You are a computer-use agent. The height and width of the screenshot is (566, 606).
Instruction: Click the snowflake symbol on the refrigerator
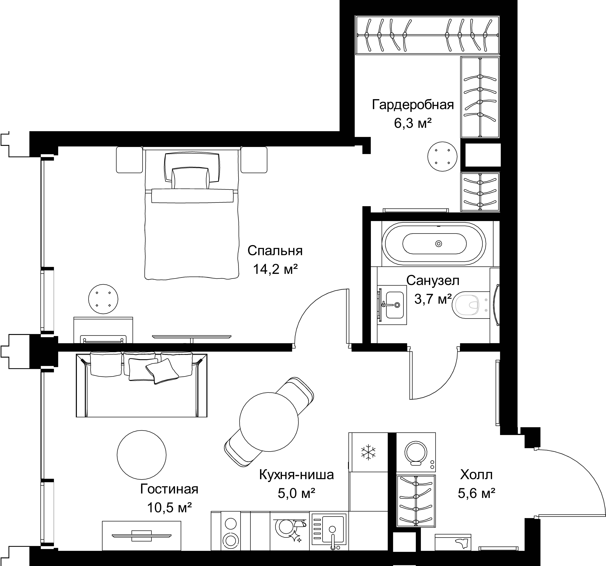368,452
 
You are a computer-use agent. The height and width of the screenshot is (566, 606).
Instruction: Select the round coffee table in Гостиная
141,455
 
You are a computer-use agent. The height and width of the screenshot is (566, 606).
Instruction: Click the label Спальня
275,251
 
